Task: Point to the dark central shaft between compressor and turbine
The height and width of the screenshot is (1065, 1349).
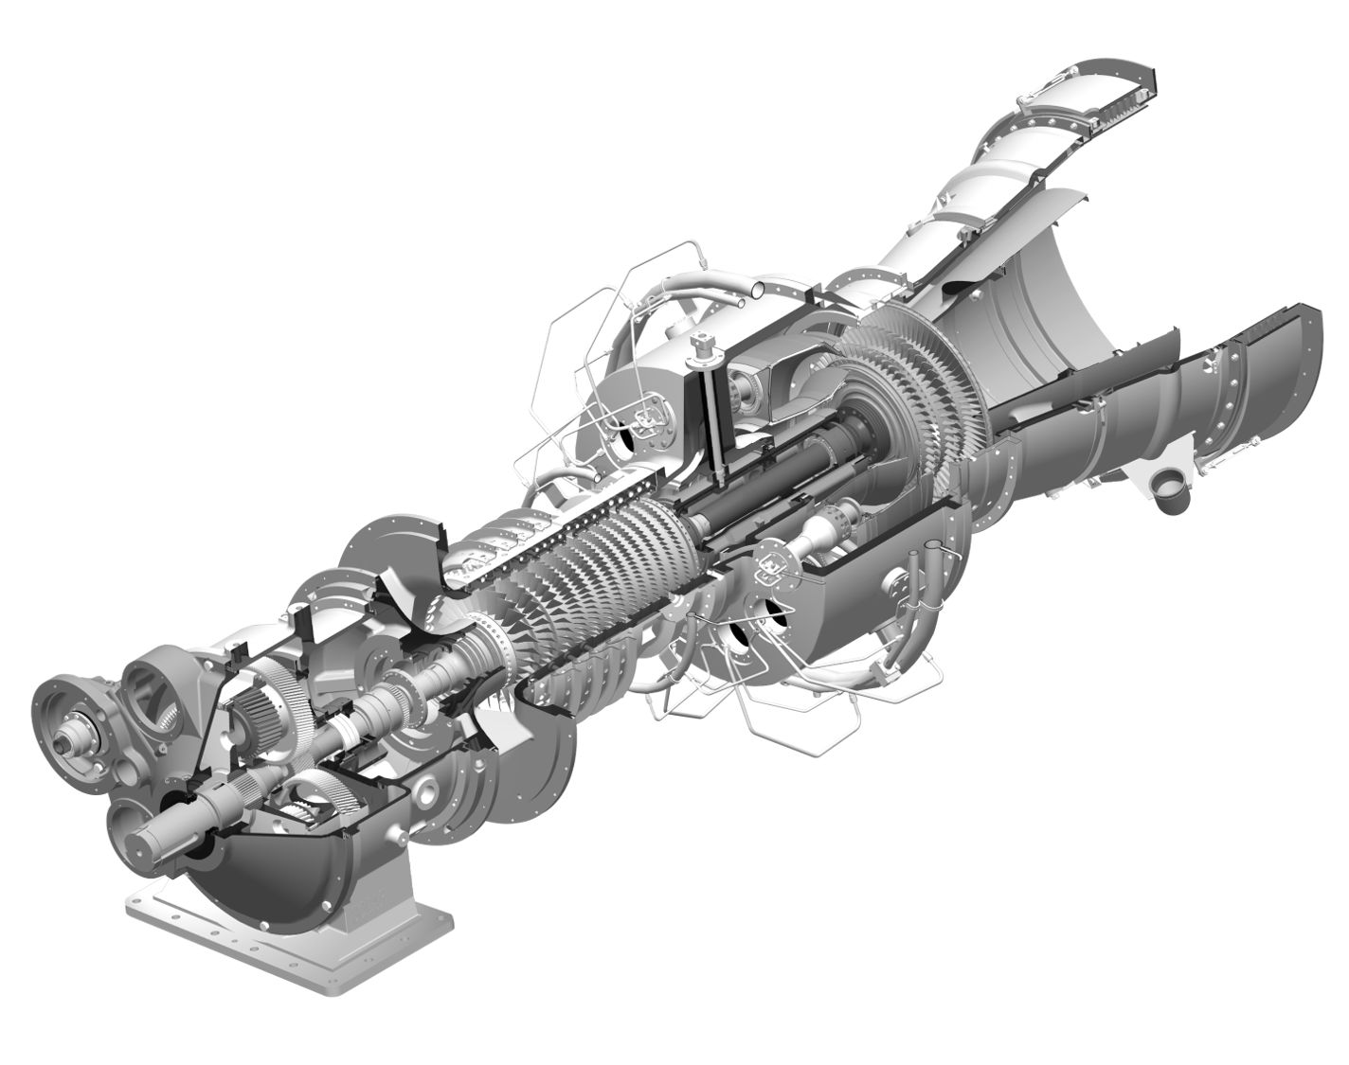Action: coord(758,473)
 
